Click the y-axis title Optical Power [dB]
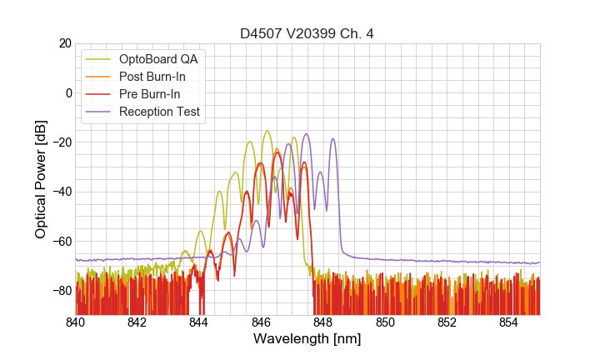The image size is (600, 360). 41,179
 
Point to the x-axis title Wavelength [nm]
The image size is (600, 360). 307,339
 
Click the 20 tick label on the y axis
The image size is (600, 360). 63,43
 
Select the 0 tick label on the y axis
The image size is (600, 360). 67,92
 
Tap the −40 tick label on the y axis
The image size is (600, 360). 60,192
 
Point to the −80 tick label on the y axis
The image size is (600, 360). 60,291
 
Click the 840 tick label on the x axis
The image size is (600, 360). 76,322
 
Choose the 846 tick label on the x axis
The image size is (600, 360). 261,322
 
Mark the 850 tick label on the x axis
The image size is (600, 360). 385,322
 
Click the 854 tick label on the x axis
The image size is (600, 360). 509,322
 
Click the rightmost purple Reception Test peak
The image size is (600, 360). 333,139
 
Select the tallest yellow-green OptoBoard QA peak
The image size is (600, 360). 267,132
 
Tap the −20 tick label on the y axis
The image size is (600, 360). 60,142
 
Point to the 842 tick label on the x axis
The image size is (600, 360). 137,322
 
